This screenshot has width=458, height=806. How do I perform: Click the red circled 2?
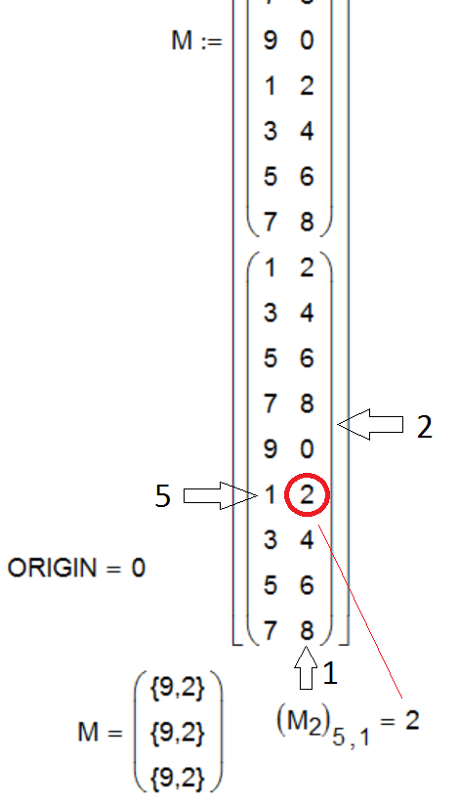click(307, 494)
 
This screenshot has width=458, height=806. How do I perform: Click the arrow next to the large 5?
click(220, 495)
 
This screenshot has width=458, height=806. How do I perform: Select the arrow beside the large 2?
click(370, 425)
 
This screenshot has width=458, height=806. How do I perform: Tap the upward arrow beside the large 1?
click(306, 667)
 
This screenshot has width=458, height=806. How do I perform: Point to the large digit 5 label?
click(162, 496)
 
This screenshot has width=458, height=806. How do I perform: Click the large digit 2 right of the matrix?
click(425, 427)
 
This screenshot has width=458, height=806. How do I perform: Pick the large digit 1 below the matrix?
click(330, 673)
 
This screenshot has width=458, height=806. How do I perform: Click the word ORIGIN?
click(52, 569)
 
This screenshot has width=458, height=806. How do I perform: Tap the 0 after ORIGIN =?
click(138, 569)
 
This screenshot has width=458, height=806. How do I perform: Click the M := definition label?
click(197, 41)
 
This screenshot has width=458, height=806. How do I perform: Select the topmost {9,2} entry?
click(178, 689)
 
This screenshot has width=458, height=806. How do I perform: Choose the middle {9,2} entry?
click(178, 732)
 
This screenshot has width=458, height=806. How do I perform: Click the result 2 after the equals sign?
click(412, 720)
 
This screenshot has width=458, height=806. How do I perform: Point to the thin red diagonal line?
click(359, 612)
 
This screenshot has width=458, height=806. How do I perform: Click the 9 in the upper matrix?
click(270, 40)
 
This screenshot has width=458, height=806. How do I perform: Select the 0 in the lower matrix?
click(307, 448)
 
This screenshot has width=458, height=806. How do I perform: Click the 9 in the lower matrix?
click(270, 448)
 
